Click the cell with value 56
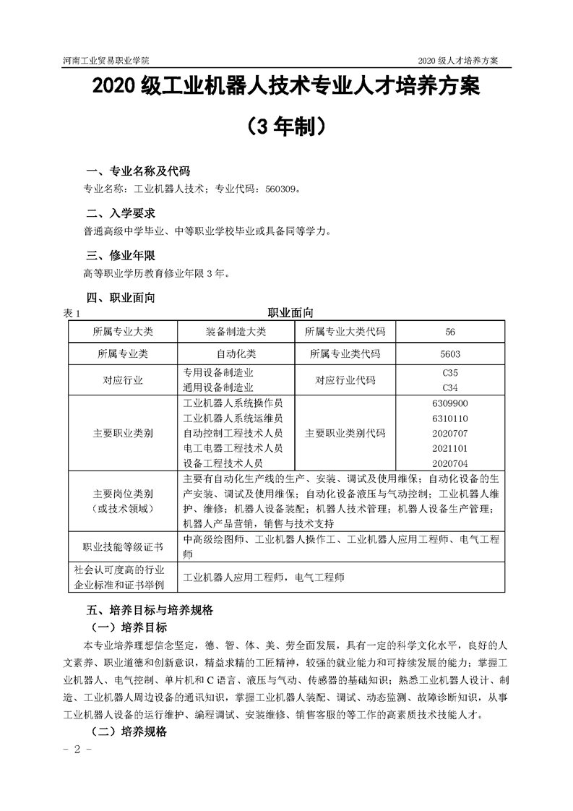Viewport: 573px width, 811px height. coord(450,332)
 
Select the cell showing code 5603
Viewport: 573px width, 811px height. coord(450,354)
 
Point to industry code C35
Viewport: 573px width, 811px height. coord(450,373)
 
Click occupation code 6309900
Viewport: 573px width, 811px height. coord(450,404)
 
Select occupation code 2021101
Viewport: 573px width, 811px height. coord(450,448)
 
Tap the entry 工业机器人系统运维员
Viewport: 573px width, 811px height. coord(233,419)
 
